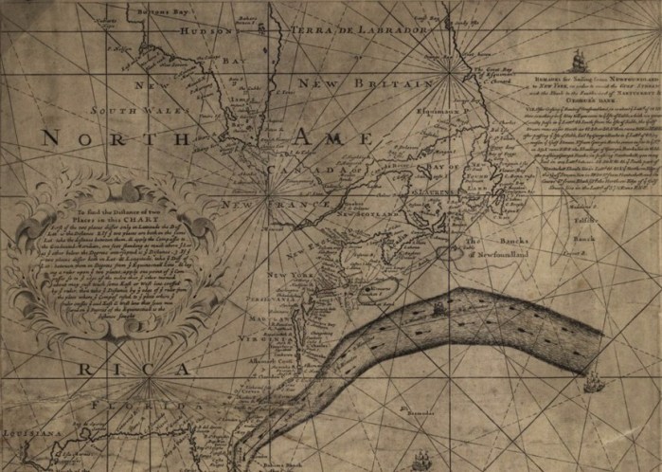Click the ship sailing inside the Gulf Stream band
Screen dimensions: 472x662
click(438, 307)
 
